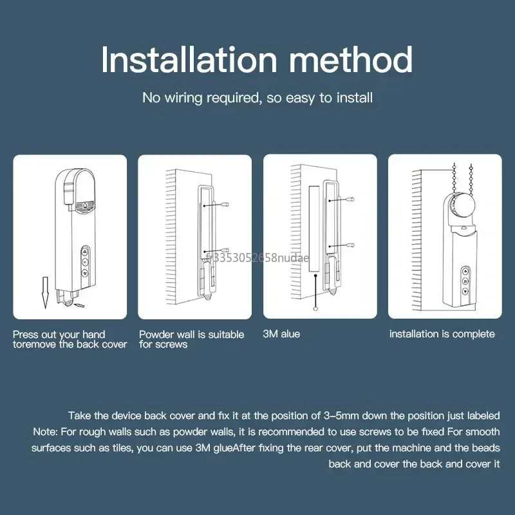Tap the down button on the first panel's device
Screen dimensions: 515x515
point(84,274)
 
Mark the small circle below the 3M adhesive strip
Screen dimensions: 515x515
point(315,308)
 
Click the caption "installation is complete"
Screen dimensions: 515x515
point(442,334)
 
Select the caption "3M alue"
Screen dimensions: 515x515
point(281,334)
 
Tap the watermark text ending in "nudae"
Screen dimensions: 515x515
point(256,257)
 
